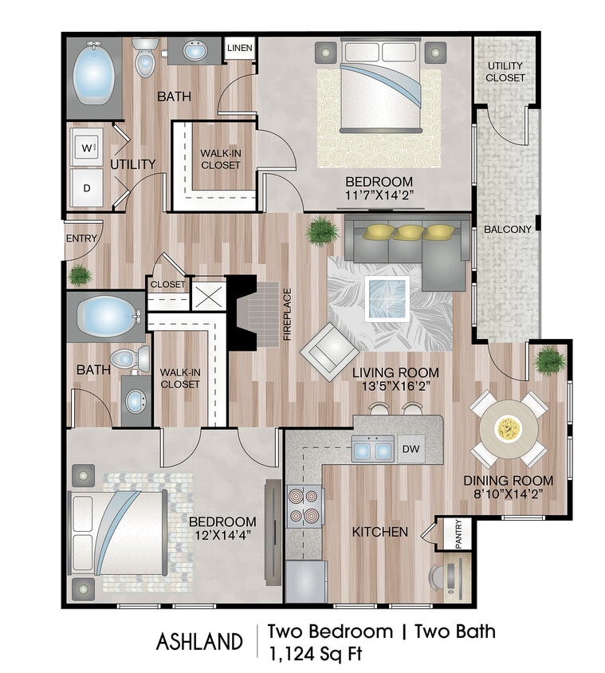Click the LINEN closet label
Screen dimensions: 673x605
click(240, 49)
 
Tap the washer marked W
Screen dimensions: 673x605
click(86, 148)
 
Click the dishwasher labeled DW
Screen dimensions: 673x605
click(411, 450)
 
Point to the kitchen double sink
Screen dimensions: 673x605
click(372, 451)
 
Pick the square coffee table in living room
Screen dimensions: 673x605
click(387, 298)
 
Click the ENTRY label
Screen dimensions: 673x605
click(82, 238)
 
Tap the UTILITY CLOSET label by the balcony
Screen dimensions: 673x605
click(506, 72)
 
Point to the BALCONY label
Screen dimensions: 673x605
click(507, 230)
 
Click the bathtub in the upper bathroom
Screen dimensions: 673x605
click(94, 77)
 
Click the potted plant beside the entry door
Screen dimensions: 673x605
click(80, 275)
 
